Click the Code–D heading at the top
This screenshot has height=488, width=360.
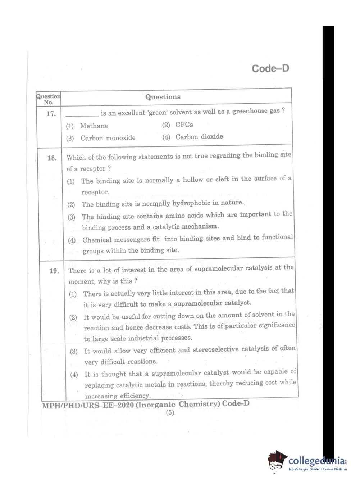click(270, 68)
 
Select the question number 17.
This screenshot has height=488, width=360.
click(51, 114)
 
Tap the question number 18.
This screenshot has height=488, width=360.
click(52, 158)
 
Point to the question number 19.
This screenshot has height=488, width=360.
click(54, 271)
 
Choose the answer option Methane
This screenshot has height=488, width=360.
click(94, 126)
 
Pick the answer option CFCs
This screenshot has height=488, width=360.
click(184, 125)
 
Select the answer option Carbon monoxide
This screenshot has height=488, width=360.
click(108, 138)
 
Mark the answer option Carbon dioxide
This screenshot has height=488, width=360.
click(199, 137)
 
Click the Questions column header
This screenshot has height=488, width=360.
click(163, 97)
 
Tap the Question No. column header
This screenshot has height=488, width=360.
click(48, 99)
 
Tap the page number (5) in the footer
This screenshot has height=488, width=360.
click(170, 412)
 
